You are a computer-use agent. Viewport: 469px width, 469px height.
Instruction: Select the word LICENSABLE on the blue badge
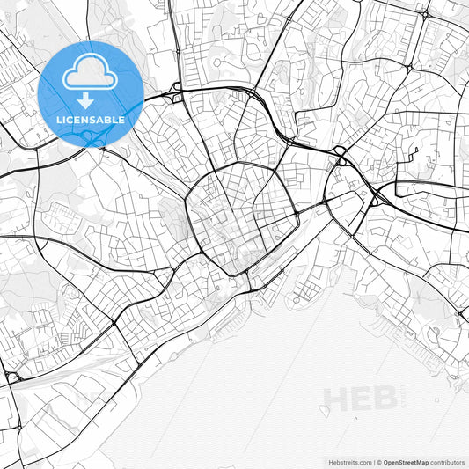90,120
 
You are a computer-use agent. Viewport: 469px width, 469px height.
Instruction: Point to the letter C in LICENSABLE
69,120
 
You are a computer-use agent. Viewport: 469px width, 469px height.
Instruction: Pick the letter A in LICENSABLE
104,120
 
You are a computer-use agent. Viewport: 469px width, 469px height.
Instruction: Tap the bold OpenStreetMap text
406,461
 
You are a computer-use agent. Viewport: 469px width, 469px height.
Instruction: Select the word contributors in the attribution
447,461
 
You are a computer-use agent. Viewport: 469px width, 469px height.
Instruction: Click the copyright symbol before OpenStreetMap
379,461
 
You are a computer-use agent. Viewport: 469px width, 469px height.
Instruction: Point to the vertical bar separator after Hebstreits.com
373,461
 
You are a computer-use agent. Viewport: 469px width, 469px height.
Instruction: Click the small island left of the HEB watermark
325,410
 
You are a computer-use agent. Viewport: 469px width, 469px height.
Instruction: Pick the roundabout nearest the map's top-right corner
426,14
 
